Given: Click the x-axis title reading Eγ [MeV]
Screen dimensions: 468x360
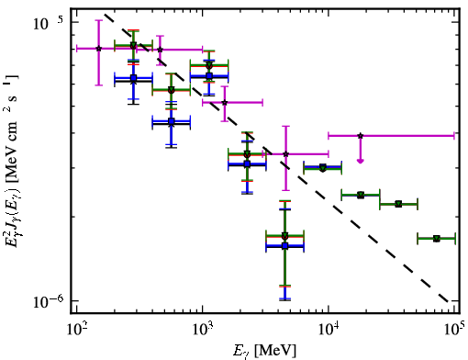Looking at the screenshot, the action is click(264, 350).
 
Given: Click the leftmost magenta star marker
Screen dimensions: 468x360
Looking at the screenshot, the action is click(99, 49).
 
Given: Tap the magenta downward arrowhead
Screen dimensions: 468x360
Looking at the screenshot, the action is click(361, 161).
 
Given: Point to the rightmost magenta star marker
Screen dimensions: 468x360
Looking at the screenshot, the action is click(361, 135).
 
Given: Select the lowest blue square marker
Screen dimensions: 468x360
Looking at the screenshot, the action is click(285, 245).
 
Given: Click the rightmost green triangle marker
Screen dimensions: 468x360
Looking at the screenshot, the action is click(437, 238).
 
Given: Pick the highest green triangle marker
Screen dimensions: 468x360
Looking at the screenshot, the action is click(133, 45).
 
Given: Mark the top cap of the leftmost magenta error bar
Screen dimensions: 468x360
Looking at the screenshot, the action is click(98, 20).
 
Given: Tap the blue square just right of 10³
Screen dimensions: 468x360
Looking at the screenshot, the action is click(209, 75).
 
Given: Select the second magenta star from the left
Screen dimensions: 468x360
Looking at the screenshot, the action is click(160, 50).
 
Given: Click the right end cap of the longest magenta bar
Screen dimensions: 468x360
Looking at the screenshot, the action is click(454, 135).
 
